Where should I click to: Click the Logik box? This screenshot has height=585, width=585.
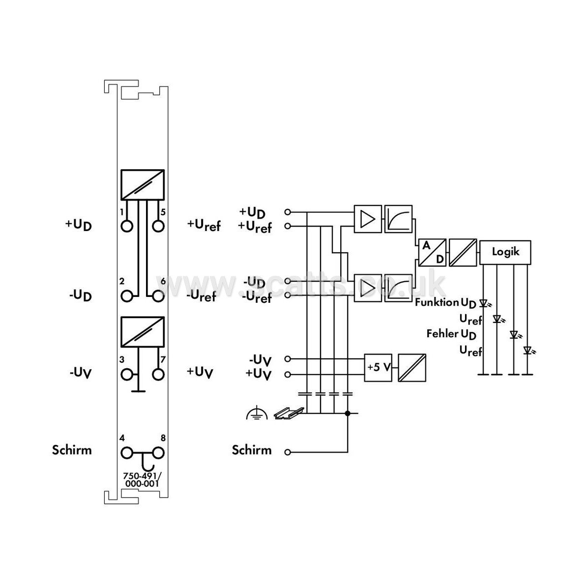505,253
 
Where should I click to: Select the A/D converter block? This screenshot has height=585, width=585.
433,253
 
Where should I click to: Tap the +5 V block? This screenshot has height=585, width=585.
379,368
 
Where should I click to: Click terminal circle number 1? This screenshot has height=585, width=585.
127,226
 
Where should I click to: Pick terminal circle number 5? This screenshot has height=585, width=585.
159,226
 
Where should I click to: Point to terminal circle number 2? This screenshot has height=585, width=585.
127,296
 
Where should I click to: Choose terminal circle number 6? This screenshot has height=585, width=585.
159,296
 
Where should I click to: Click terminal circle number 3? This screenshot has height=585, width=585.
127,375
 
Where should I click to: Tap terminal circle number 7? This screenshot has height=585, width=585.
159,375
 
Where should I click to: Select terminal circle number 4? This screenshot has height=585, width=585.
127,453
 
